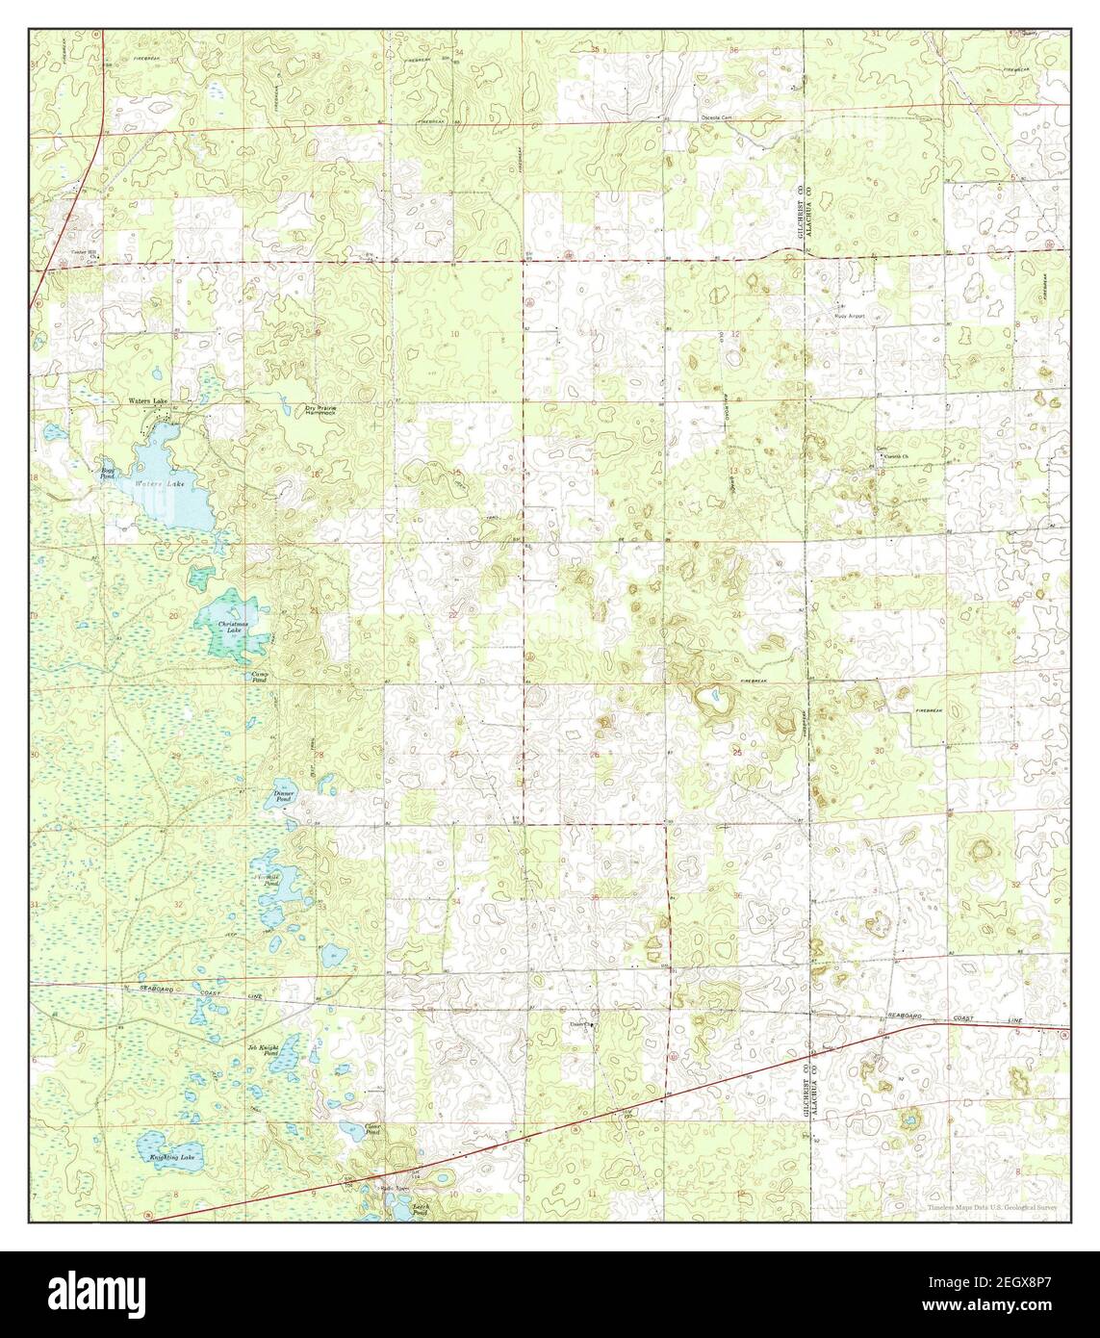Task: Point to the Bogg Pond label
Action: point(108,473)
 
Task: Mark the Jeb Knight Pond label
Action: point(266,1050)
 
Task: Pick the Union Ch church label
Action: point(581,1024)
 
